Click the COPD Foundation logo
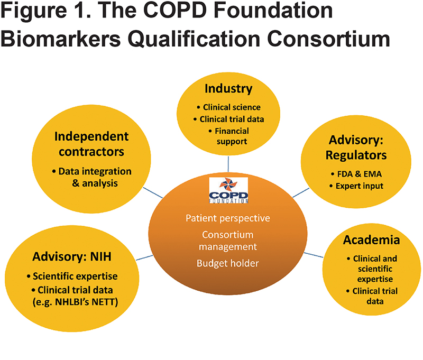pyautogui.click(x=228, y=190)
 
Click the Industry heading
pyautogui.click(x=228, y=88)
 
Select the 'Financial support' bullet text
pyautogui.click(x=229, y=136)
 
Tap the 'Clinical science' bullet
pyautogui.click(x=229, y=107)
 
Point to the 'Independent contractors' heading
pyautogui.click(x=91, y=144)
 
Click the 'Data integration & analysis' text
pyautogui.click(x=92, y=177)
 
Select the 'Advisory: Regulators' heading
pyautogui.click(x=356, y=147)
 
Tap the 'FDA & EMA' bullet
pyautogui.click(x=356, y=174)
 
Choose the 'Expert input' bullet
pyautogui.click(x=356, y=186)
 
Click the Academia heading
pyautogui.click(x=372, y=239)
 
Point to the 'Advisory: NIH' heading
pyautogui.click(x=72, y=256)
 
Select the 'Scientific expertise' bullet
pyautogui.click(x=72, y=276)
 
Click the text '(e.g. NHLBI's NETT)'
pyautogui.click(x=75, y=302)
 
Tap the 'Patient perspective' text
pyautogui.click(x=228, y=218)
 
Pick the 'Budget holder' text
pyautogui.click(x=228, y=263)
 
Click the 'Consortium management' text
pyautogui.click(x=228, y=241)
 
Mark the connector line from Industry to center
pyautogui.click(x=228, y=164)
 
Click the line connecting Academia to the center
pyautogui.click(x=314, y=255)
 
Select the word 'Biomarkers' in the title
pyautogui.click(x=61, y=39)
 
